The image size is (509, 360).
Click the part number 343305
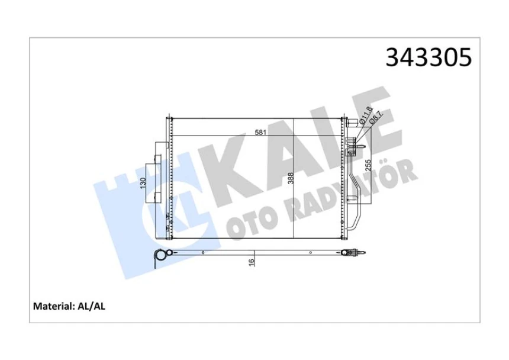[x=429, y=58]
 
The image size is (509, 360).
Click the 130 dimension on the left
[x=143, y=184]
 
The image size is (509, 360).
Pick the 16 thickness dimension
[x=252, y=261]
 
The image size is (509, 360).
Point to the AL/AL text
[x=91, y=306]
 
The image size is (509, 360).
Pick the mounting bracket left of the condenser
[x=157, y=172]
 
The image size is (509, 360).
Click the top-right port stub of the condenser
[x=353, y=121]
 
